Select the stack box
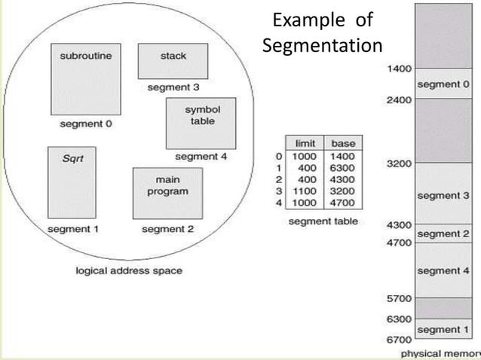(x=173, y=61)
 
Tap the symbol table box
(x=201, y=122)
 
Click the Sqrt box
(x=72, y=182)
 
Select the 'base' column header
(x=342, y=143)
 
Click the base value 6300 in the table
(x=342, y=168)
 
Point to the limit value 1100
(x=304, y=191)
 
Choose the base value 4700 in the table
(x=342, y=203)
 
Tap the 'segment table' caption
(x=323, y=221)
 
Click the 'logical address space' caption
(x=129, y=270)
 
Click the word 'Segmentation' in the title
(x=322, y=45)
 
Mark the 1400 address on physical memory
(x=399, y=69)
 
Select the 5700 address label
(x=399, y=297)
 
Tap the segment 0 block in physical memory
(x=443, y=84)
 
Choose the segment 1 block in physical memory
(x=443, y=330)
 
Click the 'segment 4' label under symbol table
(x=201, y=157)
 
